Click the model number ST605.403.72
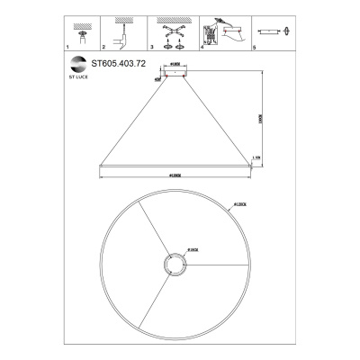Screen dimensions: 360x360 click(x=120, y=65)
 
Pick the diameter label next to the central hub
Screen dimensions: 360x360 click(x=193, y=250)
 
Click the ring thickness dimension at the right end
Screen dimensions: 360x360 click(x=256, y=157)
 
